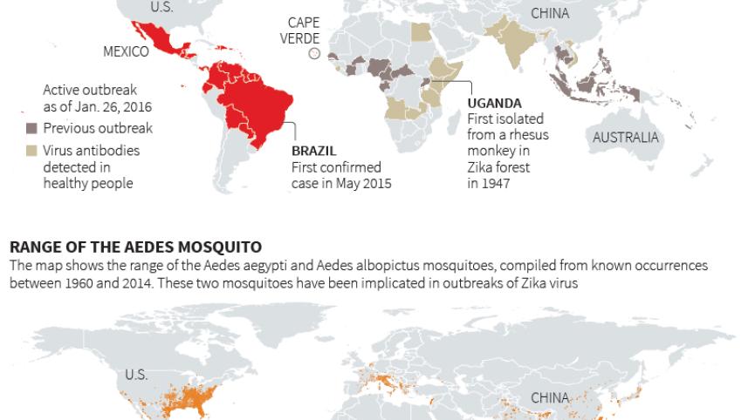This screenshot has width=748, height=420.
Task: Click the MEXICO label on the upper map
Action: click(126, 51)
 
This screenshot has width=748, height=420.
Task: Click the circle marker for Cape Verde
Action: click(315, 54)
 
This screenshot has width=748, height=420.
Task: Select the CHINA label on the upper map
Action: click(550, 13)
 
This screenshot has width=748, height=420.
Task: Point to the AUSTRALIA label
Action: click(626, 138)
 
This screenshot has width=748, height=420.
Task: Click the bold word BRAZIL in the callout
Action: click(313, 151)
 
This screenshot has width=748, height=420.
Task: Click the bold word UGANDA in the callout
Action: click(494, 103)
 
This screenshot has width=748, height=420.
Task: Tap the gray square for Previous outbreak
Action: click(31, 129)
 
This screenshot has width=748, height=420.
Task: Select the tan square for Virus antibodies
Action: click(31, 151)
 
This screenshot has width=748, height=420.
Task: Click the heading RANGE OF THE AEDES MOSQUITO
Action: click(135, 247)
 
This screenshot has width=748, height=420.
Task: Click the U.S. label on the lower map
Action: click(136, 375)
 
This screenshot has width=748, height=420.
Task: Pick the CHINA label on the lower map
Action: click(550, 398)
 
